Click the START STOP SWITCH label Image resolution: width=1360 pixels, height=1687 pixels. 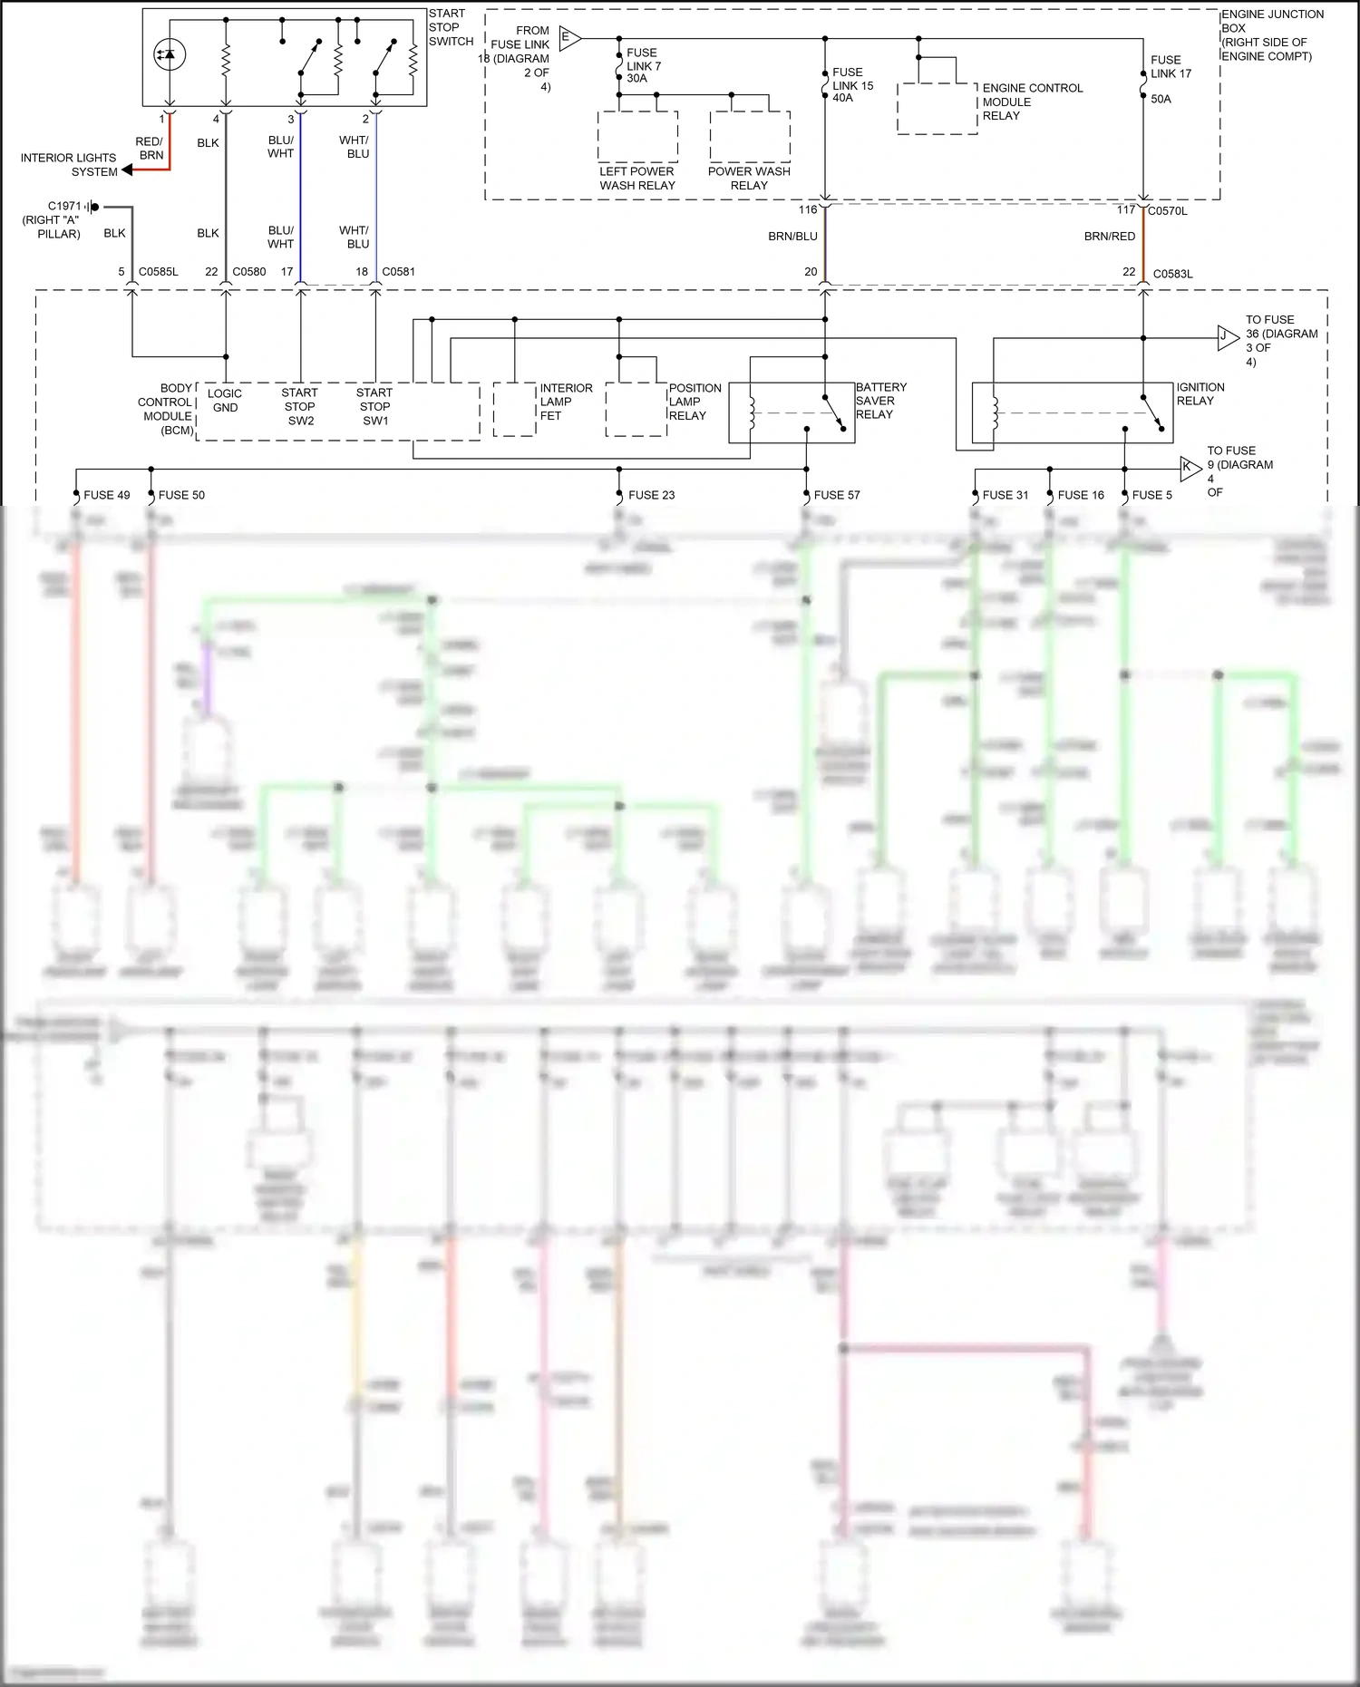coord(451,27)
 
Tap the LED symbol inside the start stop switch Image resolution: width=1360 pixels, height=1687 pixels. coord(170,54)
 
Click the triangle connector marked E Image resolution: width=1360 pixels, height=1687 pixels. coord(568,38)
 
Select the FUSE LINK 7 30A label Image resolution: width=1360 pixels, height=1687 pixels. coord(644,65)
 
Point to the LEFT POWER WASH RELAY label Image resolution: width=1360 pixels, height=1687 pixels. coord(636,178)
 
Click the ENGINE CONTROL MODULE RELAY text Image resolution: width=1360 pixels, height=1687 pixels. coord(1032,102)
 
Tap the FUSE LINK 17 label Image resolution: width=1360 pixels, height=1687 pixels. coord(1171,67)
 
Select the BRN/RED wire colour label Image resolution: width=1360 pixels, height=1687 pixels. coord(1109,237)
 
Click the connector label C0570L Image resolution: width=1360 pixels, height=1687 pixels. coord(1167,210)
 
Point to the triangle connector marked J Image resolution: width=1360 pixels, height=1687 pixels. coord(1226,337)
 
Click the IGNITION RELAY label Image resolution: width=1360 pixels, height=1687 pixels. coord(1200,393)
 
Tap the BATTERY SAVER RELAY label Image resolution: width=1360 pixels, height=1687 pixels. coord(880,401)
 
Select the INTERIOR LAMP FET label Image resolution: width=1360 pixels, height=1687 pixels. coord(566,402)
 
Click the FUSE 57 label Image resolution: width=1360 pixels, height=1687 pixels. coord(836,495)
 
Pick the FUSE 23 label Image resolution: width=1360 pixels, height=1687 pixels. coord(651,495)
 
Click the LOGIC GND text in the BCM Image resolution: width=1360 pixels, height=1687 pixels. coord(224,400)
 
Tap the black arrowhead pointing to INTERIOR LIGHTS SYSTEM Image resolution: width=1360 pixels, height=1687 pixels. coord(127,170)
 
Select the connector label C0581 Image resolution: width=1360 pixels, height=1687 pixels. coord(398,271)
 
